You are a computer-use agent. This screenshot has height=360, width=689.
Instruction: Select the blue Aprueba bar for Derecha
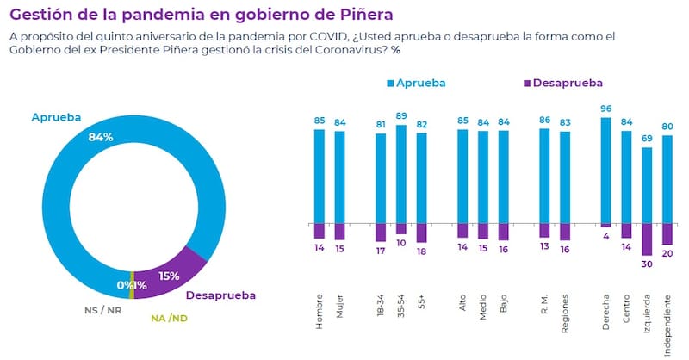(605, 171)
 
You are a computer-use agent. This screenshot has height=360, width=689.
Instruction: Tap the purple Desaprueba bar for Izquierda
(648, 240)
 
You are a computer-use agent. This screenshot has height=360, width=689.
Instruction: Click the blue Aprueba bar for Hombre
(319, 176)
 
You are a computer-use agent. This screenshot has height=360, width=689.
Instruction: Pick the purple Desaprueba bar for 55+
(421, 233)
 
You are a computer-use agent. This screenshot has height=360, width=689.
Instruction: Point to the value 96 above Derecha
(605, 109)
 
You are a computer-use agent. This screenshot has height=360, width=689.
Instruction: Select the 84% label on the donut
(101, 138)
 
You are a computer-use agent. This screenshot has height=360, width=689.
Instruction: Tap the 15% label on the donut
(169, 277)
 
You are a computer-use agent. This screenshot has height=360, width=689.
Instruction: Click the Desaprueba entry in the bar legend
(562, 83)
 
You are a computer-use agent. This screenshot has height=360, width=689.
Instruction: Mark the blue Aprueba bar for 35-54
(400, 174)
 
